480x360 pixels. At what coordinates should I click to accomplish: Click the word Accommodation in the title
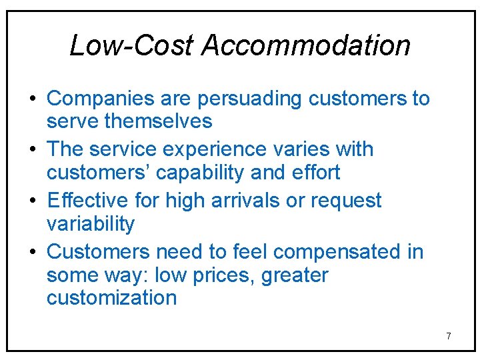[x=306, y=45]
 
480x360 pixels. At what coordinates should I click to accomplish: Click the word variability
[x=91, y=224]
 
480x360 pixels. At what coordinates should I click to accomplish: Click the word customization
[x=111, y=298]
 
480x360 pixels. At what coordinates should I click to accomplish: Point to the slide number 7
[x=448, y=336]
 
